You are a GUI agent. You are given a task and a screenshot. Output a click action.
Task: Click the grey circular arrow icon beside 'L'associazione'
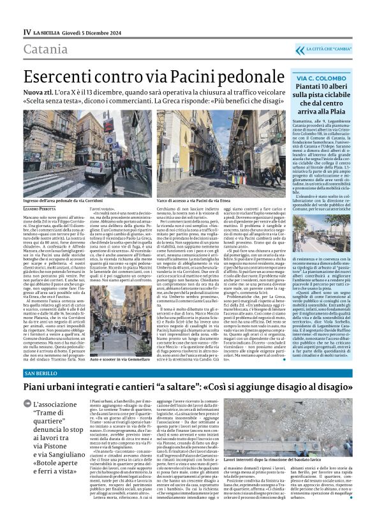27,403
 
